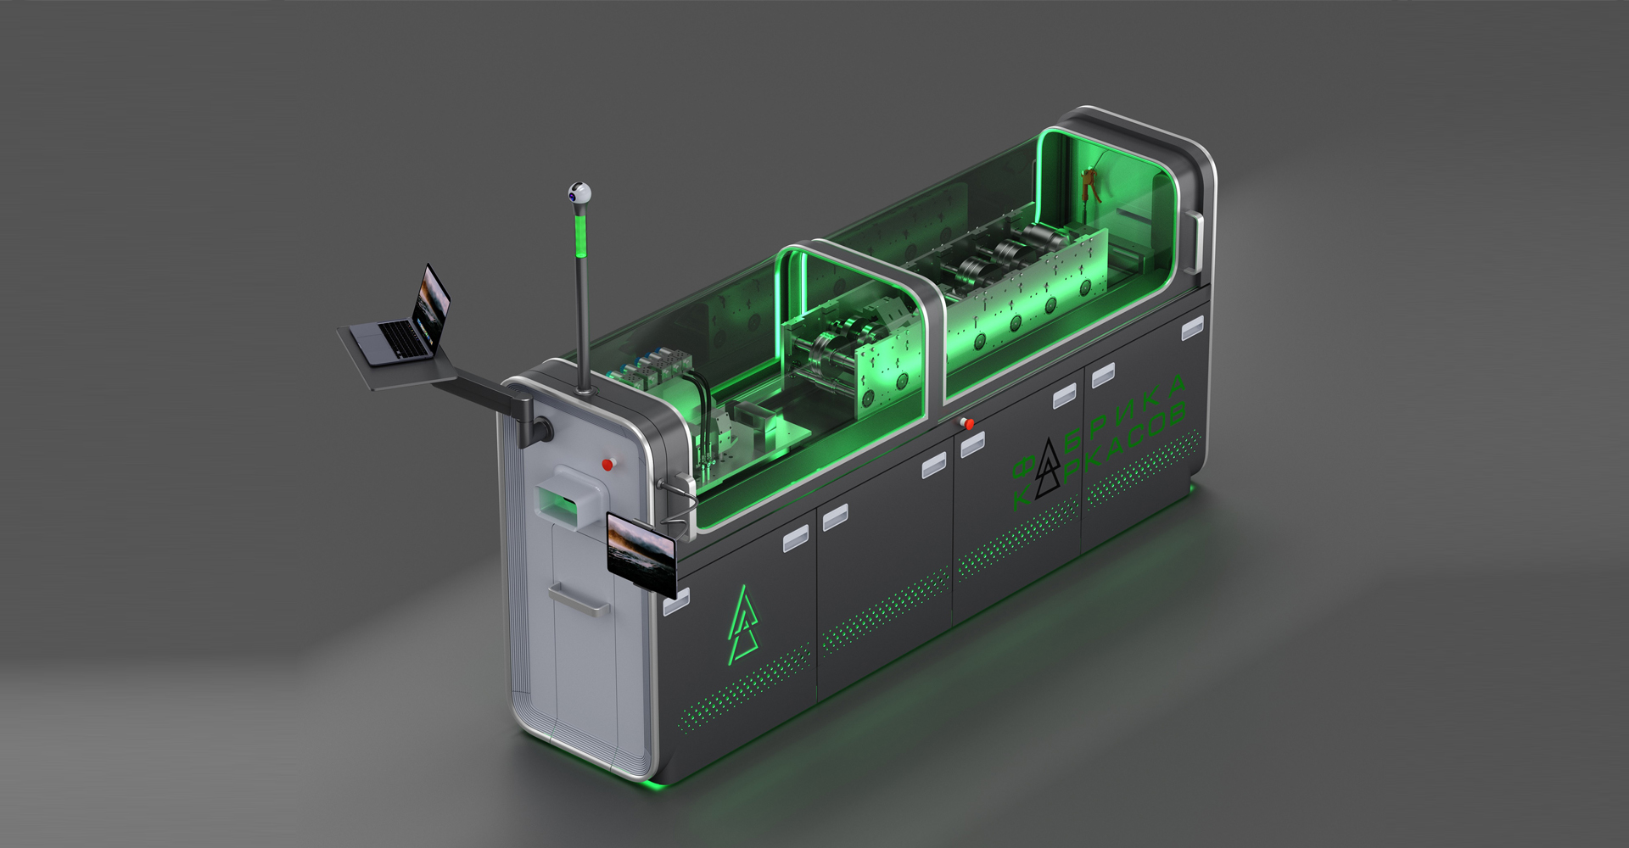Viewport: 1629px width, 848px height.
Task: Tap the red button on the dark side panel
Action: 969,424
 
